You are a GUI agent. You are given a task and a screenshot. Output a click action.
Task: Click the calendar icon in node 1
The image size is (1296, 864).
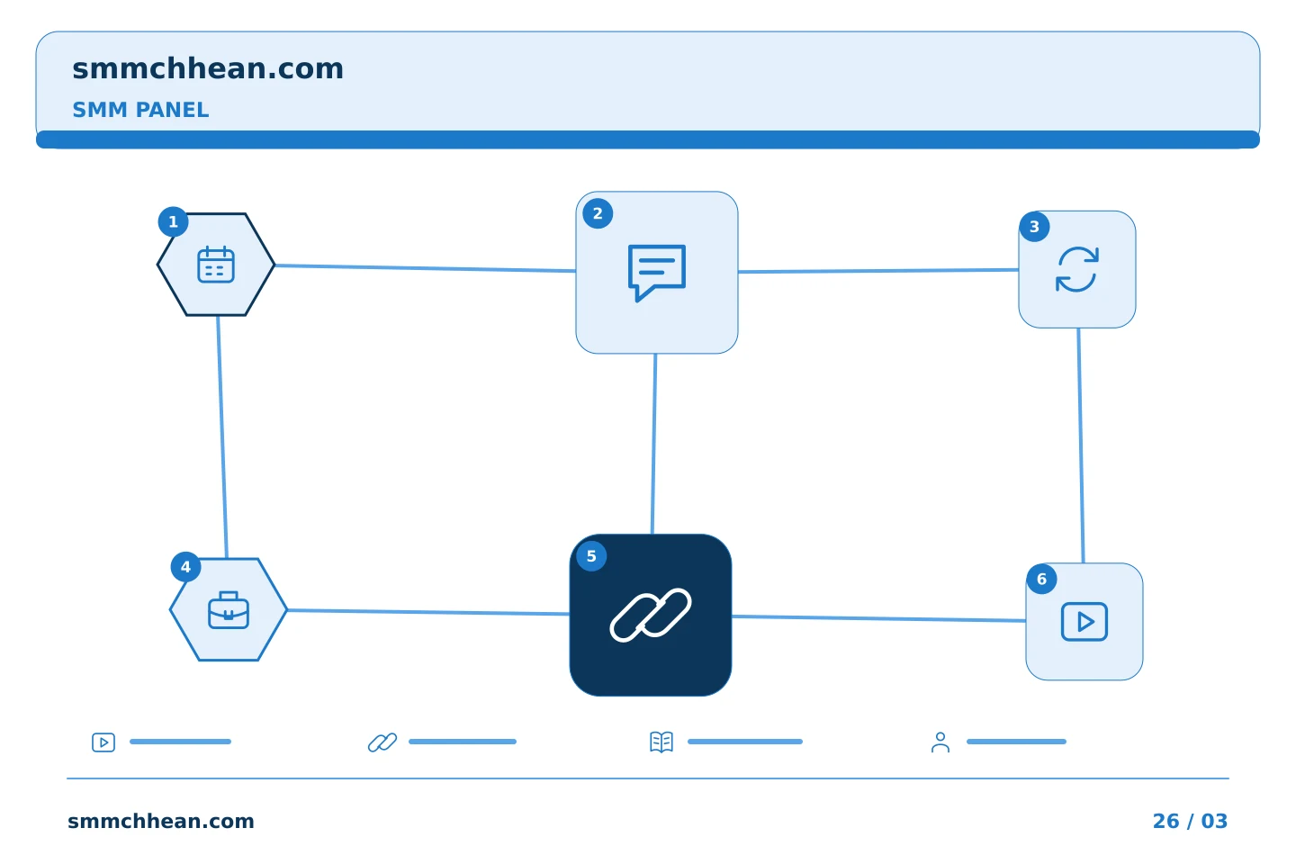pos(216,265)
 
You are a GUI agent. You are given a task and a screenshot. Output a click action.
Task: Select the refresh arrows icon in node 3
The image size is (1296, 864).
pos(1076,269)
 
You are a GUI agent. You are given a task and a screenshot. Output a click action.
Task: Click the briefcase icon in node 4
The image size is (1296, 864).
pos(229,610)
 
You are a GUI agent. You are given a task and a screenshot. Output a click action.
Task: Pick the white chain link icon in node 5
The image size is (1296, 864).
pos(651,615)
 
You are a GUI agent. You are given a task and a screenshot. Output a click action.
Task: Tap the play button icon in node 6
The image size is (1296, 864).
pos(1084,622)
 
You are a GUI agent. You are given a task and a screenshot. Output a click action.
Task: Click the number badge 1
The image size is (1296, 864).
pos(173,221)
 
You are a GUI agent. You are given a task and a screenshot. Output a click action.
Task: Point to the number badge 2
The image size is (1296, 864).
pos(598,213)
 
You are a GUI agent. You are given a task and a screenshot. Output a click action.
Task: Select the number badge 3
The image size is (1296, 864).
pos(1034,226)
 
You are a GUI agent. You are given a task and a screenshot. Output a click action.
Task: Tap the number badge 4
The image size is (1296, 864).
pos(185,566)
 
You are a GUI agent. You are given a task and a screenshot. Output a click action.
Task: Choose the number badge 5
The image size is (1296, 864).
pos(591,556)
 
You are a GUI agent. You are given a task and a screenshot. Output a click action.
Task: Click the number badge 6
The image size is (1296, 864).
pos(1041,579)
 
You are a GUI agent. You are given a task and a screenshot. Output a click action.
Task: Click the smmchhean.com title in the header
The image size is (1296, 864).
pos(208,68)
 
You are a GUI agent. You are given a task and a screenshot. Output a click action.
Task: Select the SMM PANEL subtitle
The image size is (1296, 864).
pos(140,110)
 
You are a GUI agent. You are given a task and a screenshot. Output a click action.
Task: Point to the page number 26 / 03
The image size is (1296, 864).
pos(1190,821)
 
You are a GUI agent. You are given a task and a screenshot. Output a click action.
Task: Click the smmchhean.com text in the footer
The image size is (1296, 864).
pos(161,821)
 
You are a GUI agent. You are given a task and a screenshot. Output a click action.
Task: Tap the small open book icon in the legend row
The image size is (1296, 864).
pos(661,742)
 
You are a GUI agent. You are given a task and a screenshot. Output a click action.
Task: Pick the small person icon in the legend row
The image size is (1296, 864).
pos(940,742)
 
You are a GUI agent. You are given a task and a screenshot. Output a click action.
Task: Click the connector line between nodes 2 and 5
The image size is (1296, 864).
pos(653,444)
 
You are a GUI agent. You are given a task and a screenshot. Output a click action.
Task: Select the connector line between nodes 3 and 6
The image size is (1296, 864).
pos(1081,445)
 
